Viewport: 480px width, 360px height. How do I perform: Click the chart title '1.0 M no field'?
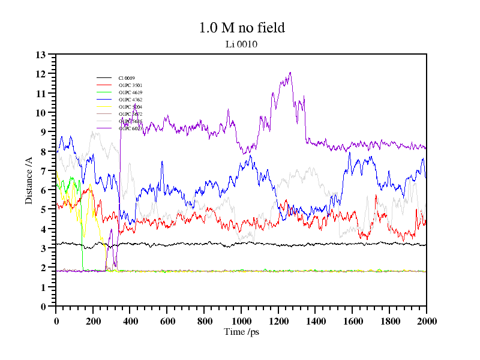point(241,28)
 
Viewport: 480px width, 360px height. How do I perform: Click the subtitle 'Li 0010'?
point(241,44)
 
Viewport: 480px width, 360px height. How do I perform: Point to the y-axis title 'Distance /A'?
point(29,180)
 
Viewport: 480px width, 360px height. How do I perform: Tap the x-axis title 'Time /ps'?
point(241,332)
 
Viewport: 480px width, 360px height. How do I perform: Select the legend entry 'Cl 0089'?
point(127,78)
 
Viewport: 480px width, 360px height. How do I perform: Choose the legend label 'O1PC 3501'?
point(130,85)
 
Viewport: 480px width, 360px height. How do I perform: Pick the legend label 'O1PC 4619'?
point(130,92)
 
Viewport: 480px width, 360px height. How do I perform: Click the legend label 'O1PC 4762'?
point(130,100)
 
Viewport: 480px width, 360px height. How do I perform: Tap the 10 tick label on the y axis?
point(41,113)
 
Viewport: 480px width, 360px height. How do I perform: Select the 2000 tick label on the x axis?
point(427,322)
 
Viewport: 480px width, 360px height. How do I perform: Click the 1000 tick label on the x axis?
point(241,322)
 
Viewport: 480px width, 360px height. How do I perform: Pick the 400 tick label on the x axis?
point(130,322)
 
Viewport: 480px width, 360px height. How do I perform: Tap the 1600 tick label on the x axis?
point(352,322)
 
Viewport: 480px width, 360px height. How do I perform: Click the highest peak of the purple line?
point(290,73)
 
